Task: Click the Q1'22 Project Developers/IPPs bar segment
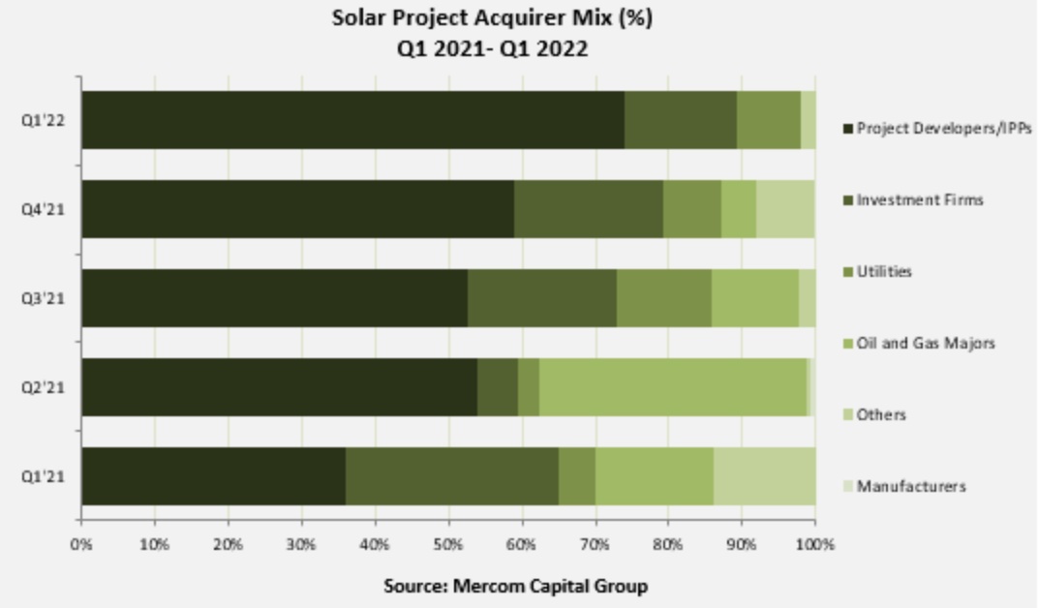coord(352,120)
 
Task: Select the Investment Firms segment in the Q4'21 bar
coord(588,209)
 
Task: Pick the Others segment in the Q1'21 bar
coord(764,476)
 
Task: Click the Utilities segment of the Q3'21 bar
coord(663,298)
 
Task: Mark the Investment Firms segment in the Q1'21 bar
coord(451,476)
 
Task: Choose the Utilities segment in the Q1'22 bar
coord(768,120)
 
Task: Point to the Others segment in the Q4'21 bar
coord(784,209)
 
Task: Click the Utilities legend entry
coord(883,272)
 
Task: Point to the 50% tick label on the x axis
coord(448,545)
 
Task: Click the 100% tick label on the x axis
coord(814,545)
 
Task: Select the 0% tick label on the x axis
coord(81,545)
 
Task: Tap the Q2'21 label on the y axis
coord(43,387)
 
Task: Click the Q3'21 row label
coord(43,298)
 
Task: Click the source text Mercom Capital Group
coord(515,586)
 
